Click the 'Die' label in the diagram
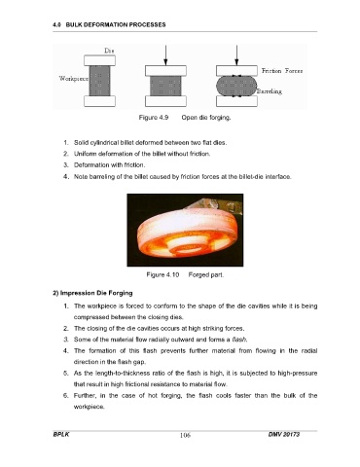tap(109, 51)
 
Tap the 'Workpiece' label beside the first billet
tap(74, 79)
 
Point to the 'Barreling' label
tap(270, 91)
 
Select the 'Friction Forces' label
tap(282, 71)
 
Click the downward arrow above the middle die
tap(165, 55)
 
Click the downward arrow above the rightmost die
tap(236, 55)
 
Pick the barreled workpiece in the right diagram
tap(236, 86)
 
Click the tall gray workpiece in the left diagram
tap(99, 81)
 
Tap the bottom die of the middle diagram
tap(165, 101)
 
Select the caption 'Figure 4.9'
tap(154, 118)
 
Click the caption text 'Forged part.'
tap(206, 275)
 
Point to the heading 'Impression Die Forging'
tap(96, 293)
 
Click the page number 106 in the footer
tap(185, 435)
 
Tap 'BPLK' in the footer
tap(61, 434)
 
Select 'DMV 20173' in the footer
tap(284, 434)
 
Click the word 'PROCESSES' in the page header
tap(148, 24)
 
